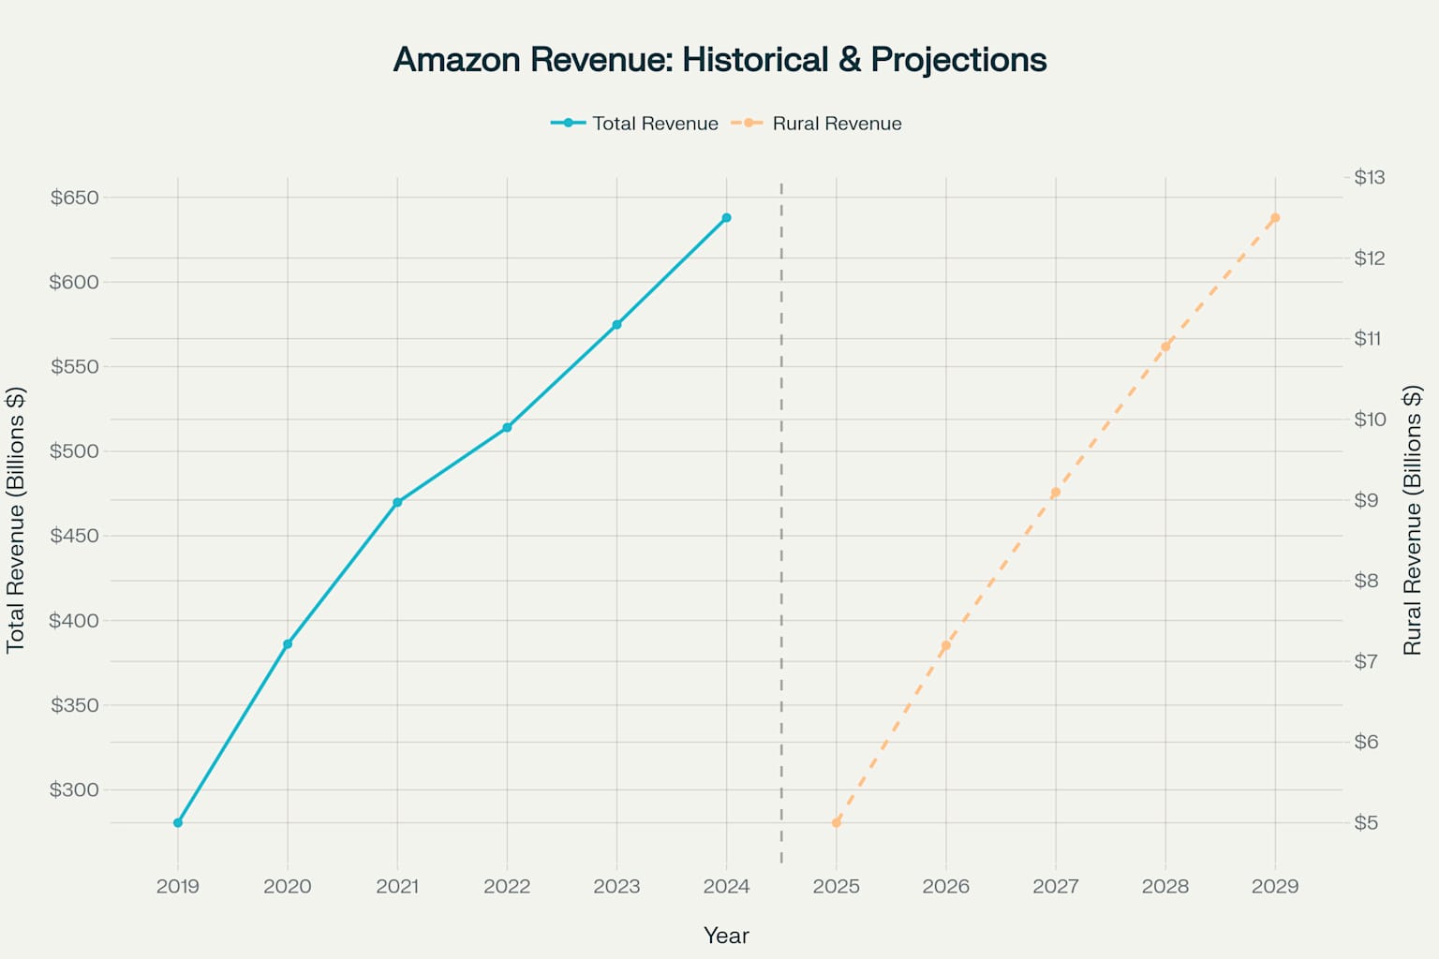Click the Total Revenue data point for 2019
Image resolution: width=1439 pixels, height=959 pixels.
pyautogui.click(x=178, y=822)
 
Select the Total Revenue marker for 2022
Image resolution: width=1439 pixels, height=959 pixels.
pyautogui.click(x=507, y=427)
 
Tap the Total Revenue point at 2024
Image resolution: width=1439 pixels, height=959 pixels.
pyautogui.click(x=726, y=218)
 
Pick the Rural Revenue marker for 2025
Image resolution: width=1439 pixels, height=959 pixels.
pyautogui.click(x=837, y=822)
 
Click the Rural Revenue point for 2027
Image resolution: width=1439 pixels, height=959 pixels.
pyautogui.click(x=1056, y=492)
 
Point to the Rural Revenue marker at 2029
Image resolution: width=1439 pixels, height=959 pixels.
pyautogui.click(x=1275, y=218)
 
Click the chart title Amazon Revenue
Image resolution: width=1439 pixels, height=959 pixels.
pyautogui.click(x=719, y=60)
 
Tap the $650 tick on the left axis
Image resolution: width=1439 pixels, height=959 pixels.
pyautogui.click(x=75, y=198)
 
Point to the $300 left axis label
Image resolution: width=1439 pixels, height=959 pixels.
pyautogui.click(x=75, y=789)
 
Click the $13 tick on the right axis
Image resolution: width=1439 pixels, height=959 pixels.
pyautogui.click(x=1369, y=177)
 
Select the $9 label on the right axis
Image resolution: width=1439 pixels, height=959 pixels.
pyautogui.click(x=1366, y=500)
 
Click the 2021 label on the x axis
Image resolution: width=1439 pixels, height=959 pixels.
pyautogui.click(x=397, y=886)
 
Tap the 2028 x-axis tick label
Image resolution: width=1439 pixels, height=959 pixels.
pyautogui.click(x=1165, y=886)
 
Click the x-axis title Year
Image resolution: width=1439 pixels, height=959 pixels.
pyautogui.click(x=726, y=936)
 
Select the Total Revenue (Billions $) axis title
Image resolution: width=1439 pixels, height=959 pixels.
pyautogui.click(x=16, y=520)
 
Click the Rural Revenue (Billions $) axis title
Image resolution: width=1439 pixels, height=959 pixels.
pyautogui.click(x=1413, y=520)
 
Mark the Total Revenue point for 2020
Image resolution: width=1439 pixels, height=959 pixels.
pyautogui.click(x=288, y=644)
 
